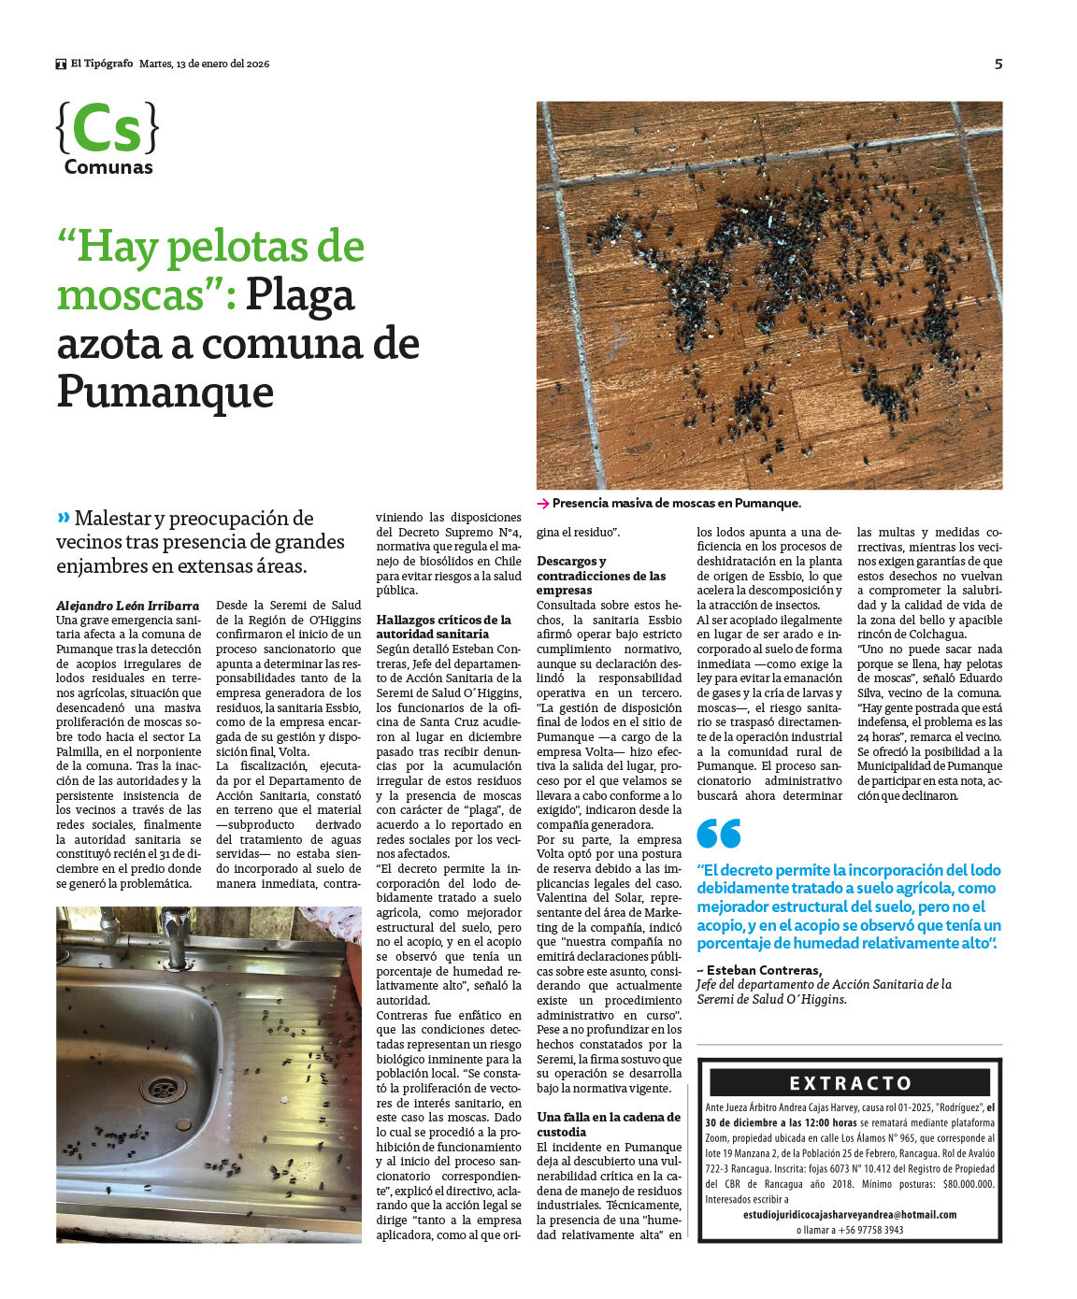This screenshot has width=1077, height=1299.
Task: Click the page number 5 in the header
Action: [998, 64]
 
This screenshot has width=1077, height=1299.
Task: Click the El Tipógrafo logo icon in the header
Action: [61, 64]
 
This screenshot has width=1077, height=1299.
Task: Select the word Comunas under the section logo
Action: [108, 167]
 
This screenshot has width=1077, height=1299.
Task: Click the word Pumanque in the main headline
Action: [165, 392]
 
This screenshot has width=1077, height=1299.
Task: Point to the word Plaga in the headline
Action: [300, 295]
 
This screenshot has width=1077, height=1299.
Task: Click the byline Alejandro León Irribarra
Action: [127, 606]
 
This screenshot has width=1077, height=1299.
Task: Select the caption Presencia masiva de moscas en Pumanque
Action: [676, 503]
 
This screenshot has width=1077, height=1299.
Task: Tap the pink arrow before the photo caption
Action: [542, 504]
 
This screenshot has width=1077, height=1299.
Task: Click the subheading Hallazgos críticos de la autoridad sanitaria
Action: [444, 626]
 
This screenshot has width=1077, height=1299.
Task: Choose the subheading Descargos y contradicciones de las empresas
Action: [601, 576]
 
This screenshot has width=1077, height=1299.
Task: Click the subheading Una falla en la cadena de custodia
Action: [609, 1124]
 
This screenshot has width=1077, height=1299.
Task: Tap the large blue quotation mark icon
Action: [718, 833]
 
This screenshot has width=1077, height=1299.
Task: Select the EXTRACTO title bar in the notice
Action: [849, 1083]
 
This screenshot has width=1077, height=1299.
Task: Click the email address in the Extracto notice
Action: [850, 1215]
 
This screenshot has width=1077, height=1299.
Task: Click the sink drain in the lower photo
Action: [161, 1087]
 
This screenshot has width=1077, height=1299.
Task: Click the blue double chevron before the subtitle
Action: [64, 518]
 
